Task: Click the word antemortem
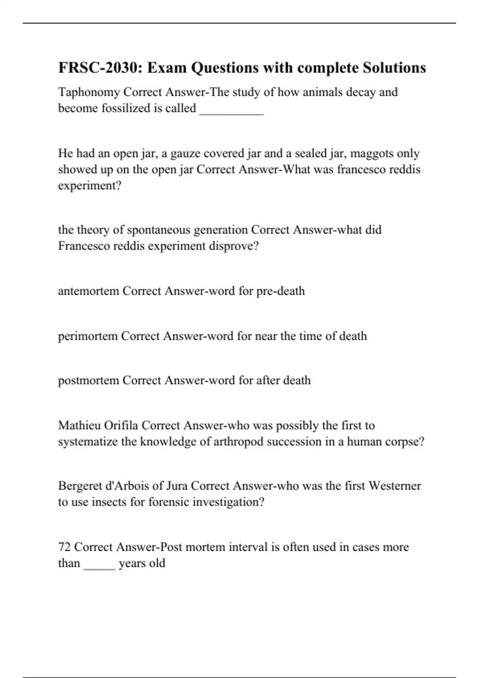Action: pyautogui.click(x=89, y=291)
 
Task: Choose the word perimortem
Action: pyautogui.click(x=88, y=336)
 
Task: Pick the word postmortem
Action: pyautogui.click(x=89, y=380)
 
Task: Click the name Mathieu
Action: pyautogui.click(x=79, y=426)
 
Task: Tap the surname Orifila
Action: pyautogui.click(x=121, y=426)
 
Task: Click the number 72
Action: pyautogui.click(x=64, y=547)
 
